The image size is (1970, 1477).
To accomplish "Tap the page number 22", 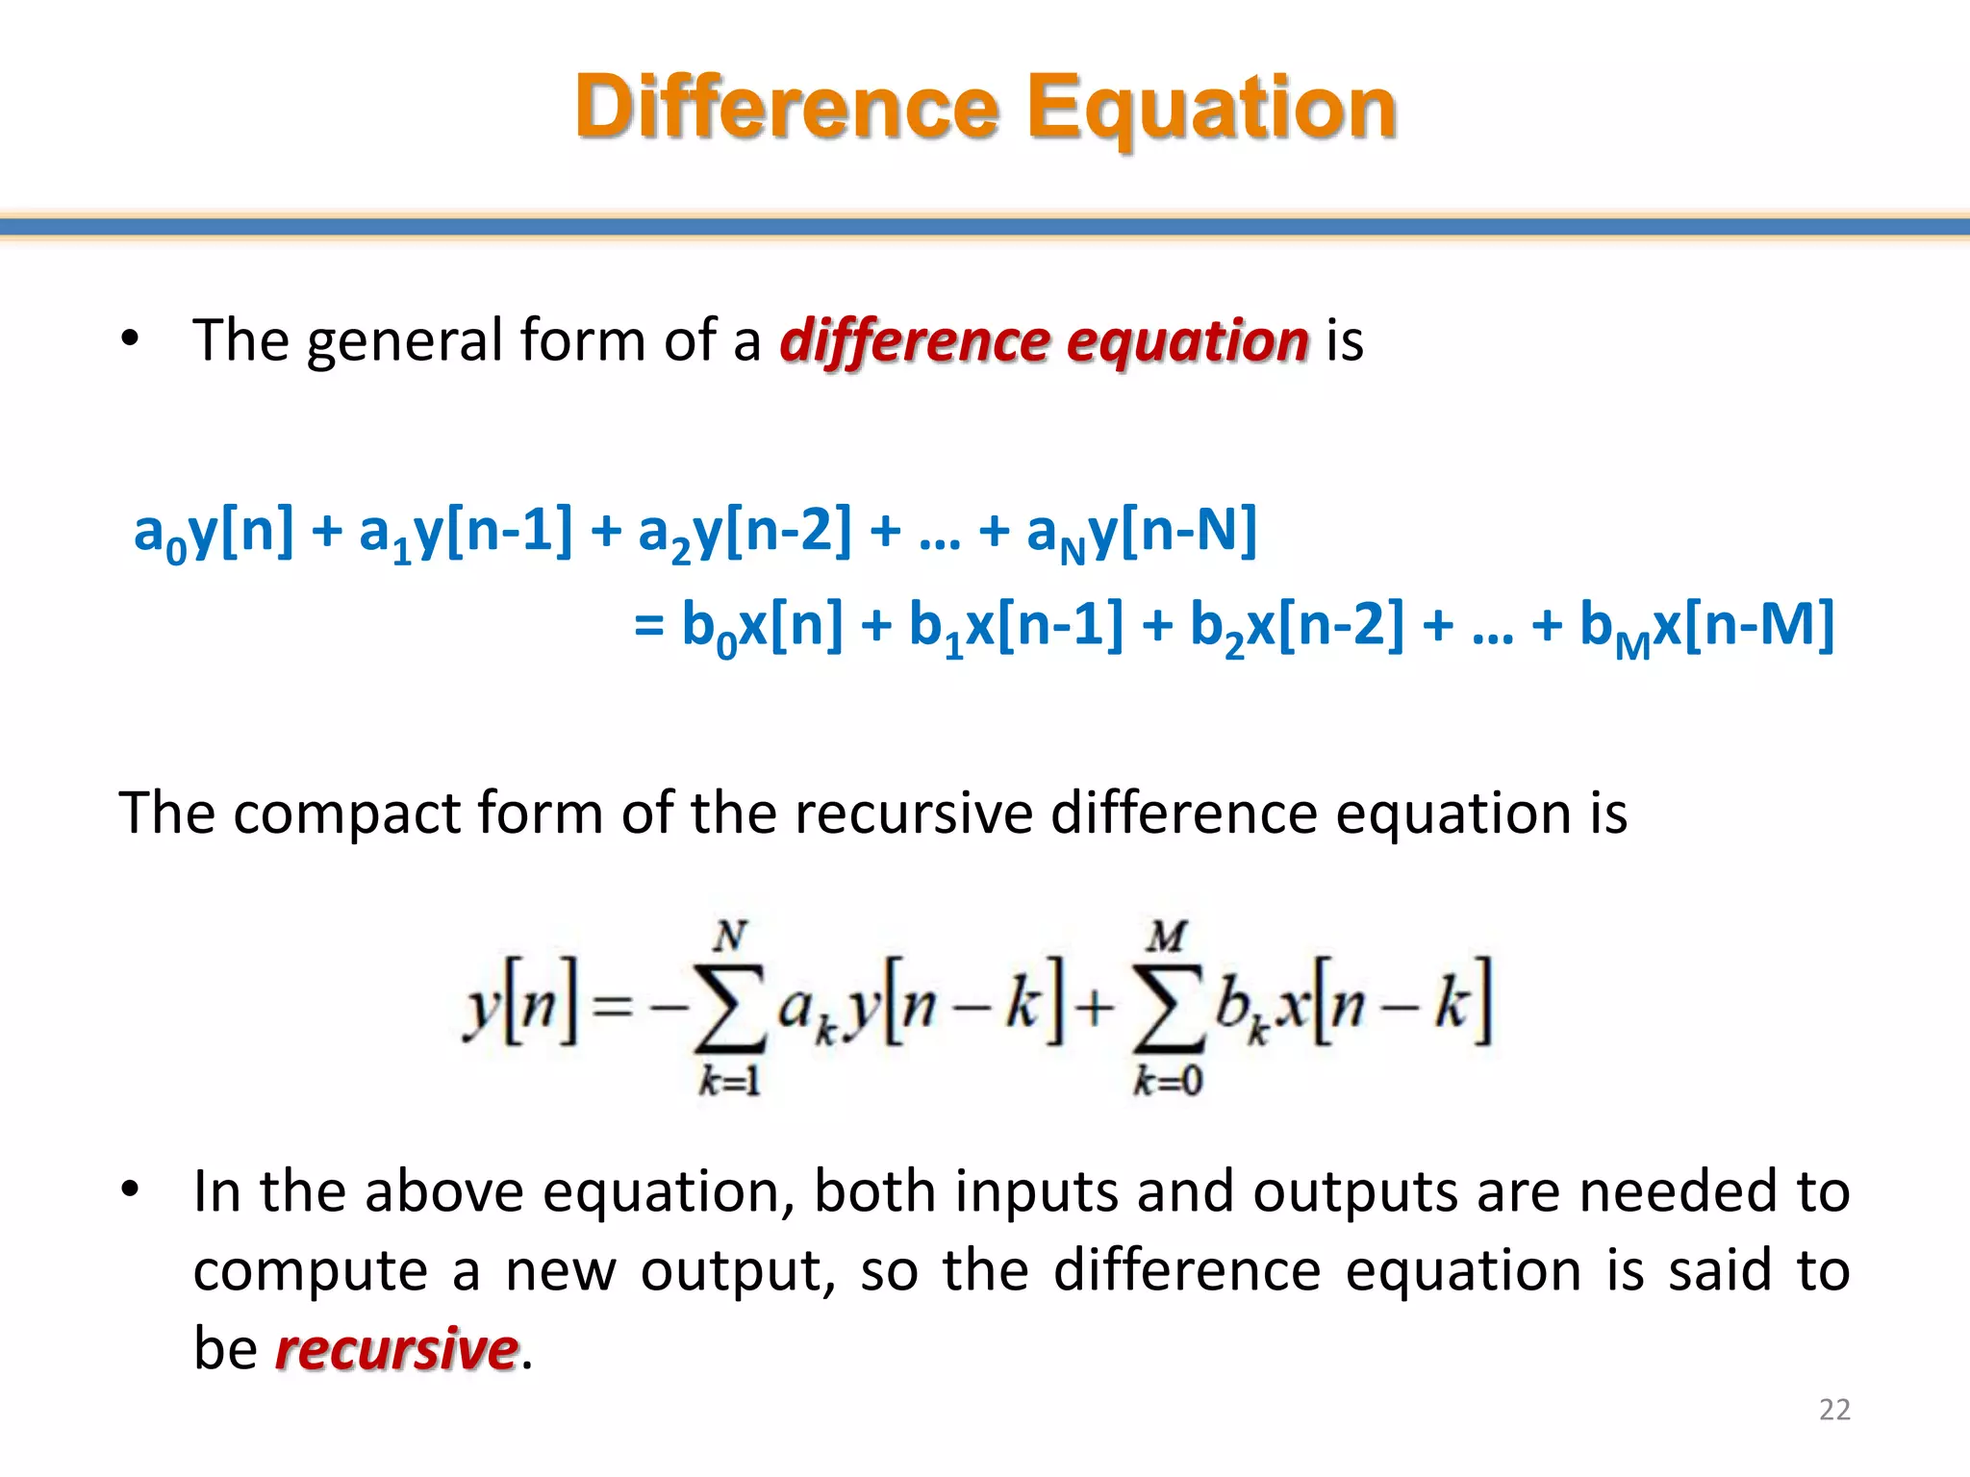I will click(1834, 1409).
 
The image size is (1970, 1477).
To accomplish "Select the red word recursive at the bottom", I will click(396, 1348).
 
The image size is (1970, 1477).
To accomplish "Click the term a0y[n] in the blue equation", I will click(214, 532).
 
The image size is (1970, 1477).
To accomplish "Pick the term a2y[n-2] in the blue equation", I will click(745, 532).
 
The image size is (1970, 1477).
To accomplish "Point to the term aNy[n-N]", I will click(1141, 532).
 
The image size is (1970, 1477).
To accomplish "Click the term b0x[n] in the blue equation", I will click(762, 626).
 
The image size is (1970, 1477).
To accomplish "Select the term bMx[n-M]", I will click(1706, 626).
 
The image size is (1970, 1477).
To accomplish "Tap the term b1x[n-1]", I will click(1016, 626).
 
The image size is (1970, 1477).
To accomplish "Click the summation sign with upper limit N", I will click(729, 1006).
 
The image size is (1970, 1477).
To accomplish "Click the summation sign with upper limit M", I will click(1167, 1006).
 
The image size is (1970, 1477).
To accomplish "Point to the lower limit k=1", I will click(729, 1083).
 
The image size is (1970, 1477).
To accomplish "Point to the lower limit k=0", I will click(1167, 1083).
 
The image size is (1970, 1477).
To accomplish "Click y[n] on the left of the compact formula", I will click(520, 1006).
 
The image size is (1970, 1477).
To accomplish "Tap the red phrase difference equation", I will click(1044, 340).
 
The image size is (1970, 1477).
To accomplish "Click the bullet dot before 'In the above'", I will click(131, 1190).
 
